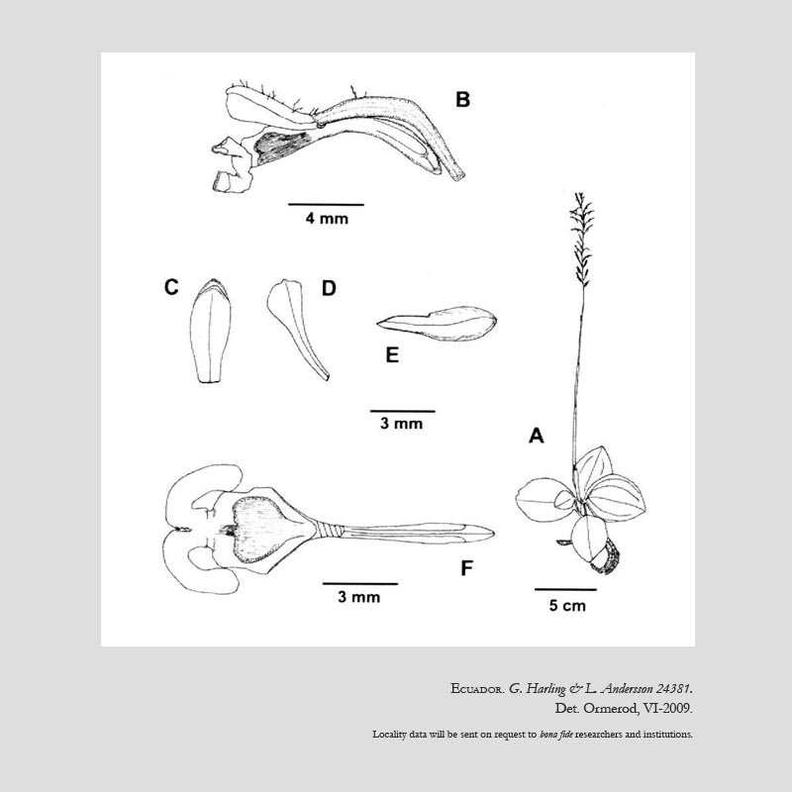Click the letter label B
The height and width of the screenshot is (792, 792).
click(x=462, y=99)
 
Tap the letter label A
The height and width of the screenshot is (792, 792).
click(x=537, y=435)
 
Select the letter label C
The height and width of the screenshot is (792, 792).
click(x=171, y=287)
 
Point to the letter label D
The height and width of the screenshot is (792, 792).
click(x=329, y=288)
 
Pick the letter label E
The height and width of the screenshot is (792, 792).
click(x=392, y=355)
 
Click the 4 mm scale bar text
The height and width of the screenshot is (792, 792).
click(x=326, y=220)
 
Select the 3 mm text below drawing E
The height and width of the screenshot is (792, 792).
click(x=402, y=425)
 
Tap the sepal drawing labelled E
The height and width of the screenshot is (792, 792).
click(x=439, y=322)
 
